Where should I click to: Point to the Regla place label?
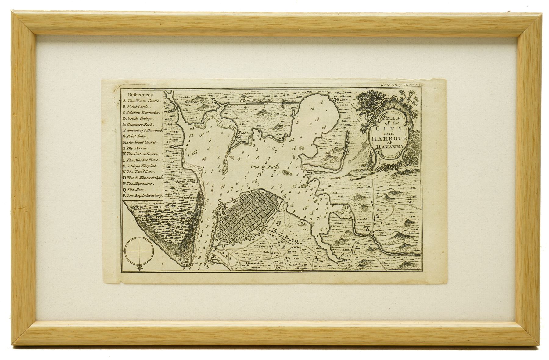coord(242,133)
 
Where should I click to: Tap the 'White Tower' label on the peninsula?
coord(140,208)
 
